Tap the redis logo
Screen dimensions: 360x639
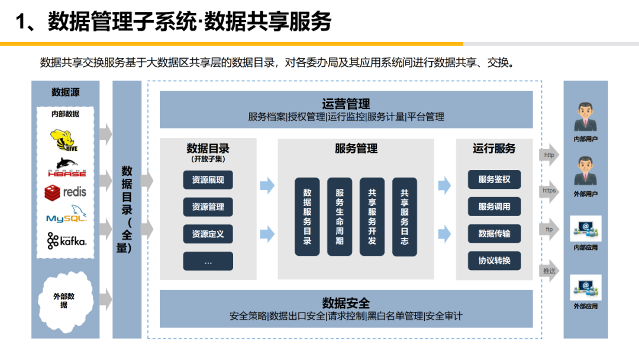66,191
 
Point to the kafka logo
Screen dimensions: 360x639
66,240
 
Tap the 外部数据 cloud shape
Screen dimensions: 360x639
64,300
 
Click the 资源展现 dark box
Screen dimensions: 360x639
208,179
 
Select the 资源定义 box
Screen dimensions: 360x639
208,234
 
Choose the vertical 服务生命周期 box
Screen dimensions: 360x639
340,217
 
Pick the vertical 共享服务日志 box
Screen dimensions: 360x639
404,217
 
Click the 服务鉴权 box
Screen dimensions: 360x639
494,179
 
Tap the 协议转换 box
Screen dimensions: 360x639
494,261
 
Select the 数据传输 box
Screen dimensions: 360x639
494,233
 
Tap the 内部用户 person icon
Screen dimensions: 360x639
585,117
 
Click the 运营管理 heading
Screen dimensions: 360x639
346,104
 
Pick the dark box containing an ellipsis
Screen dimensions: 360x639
208,261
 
